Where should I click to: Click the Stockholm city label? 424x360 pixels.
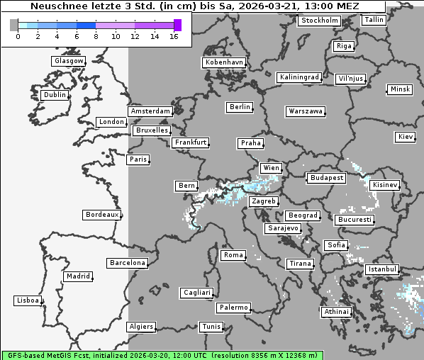(319, 21)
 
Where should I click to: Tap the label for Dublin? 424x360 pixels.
(54, 95)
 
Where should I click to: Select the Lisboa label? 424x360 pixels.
(28, 300)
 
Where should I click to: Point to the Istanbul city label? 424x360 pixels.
(383, 270)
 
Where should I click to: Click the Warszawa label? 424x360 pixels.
(306, 111)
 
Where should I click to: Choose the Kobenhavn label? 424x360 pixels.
(224, 62)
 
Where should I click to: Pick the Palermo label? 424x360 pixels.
(233, 308)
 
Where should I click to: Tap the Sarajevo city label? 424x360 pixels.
(283, 229)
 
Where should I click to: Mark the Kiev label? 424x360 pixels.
(406, 137)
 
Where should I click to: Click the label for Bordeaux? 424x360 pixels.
(101, 215)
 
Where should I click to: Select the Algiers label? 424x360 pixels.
(140, 327)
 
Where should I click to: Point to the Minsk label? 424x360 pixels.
(399, 89)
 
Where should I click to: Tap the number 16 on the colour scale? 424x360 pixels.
(174, 37)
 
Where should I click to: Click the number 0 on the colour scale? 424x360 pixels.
(18, 37)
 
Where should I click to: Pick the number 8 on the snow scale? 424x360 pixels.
(96, 37)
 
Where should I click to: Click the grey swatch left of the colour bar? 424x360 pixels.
(14, 26)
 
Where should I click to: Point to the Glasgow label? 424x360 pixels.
(69, 61)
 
